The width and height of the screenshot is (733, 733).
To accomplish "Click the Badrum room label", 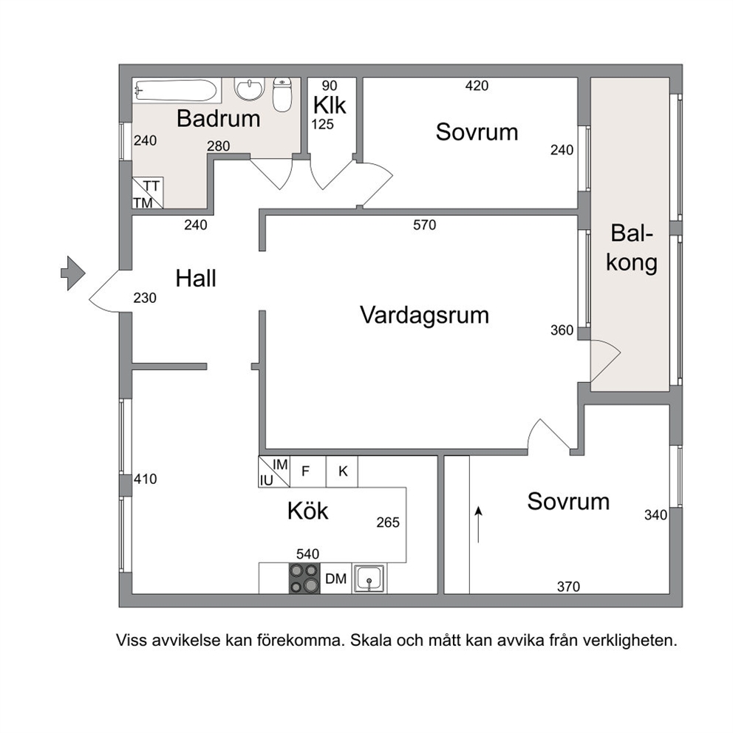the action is click(x=218, y=119).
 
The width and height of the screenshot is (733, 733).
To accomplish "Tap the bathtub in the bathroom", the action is click(x=177, y=90).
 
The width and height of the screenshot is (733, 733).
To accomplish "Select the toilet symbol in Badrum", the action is click(x=282, y=95).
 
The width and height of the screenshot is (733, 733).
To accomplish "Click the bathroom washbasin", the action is click(x=250, y=89).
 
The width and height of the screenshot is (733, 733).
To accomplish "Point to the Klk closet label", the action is click(x=330, y=105).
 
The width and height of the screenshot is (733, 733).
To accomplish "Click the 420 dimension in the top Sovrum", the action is click(x=477, y=86).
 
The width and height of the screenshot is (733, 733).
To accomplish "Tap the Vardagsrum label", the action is click(x=424, y=315).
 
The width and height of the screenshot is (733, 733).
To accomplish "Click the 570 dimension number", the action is click(x=424, y=225).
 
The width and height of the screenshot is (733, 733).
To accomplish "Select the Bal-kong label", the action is click(x=632, y=248).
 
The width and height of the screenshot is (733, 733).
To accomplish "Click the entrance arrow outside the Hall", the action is click(x=73, y=273).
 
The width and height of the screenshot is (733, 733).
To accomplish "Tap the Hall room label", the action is click(x=196, y=279).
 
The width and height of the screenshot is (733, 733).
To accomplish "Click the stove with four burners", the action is click(x=304, y=579).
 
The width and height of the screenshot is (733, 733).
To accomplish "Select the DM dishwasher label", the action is click(x=335, y=579).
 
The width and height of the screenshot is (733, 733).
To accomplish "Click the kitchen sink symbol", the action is click(x=369, y=579).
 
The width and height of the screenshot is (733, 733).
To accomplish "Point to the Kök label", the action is click(x=307, y=511).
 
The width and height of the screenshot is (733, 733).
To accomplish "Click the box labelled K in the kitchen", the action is click(x=342, y=471).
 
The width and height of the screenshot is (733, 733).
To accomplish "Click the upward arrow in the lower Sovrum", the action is click(x=478, y=525).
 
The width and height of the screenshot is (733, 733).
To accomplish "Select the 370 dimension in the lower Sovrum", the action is click(x=568, y=586).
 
